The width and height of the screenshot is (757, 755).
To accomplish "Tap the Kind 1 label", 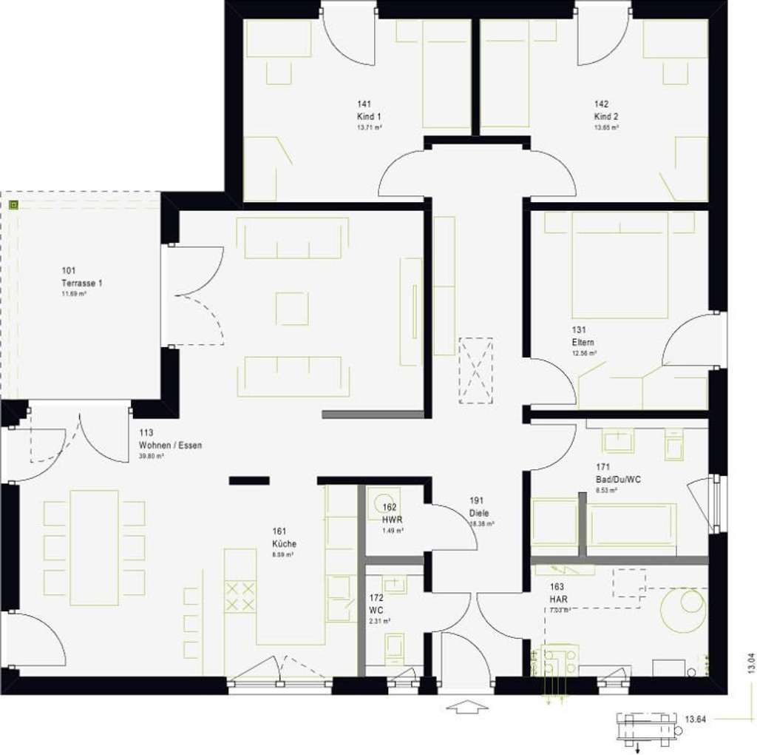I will click(369, 117).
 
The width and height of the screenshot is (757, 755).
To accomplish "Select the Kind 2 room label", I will click(606, 117).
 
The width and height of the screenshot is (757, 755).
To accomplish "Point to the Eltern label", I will click(583, 343).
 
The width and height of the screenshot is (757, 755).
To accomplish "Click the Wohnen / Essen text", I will click(170, 446).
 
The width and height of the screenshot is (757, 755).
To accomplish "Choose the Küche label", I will click(284, 543).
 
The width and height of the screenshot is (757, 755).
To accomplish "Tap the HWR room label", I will click(393, 520).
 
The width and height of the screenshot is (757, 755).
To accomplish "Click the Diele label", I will click(479, 513).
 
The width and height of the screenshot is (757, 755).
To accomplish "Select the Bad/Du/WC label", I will click(618, 479).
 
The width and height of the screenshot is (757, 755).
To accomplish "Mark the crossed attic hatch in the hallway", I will click(475, 370).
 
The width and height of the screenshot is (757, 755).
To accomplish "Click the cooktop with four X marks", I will click(240, 596).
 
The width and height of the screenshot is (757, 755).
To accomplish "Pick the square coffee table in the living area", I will click(292, 309).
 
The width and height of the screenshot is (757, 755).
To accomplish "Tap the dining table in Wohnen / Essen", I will click(94, 548).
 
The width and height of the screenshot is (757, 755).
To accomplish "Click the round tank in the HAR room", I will click(683, 610).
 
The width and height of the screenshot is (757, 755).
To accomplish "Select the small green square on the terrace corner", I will click(13, 204).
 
